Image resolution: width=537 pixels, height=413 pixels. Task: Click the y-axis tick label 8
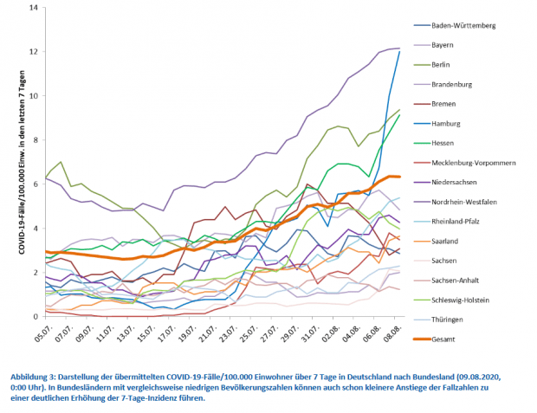click(36, 139)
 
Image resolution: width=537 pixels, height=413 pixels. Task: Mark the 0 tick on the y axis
click(36, 316)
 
